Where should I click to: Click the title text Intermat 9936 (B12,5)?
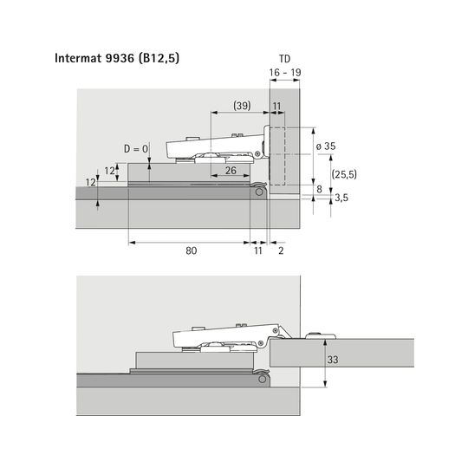tap(117, 58)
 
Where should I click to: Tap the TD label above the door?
tap(285, 59)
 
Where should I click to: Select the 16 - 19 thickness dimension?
tap(285, 73)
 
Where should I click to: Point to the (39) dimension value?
tap(242, 106)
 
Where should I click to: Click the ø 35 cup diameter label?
tap(326, 146)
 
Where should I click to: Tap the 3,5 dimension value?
tap(341, 198)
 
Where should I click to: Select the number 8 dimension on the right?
tap(319, 189)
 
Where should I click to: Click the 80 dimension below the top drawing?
tap(192, 250)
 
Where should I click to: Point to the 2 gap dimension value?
tap(281, 250)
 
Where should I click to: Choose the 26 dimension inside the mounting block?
tap(231, 171)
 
